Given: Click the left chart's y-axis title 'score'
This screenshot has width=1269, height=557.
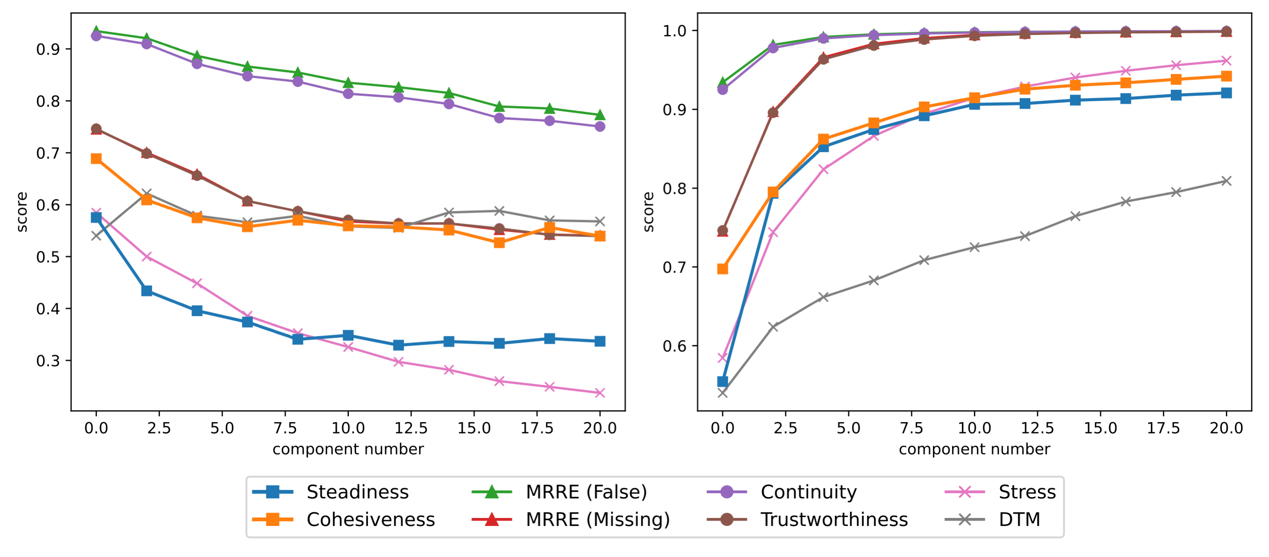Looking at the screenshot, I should (x=22, y=212).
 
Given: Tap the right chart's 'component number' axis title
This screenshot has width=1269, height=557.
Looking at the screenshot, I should (x=974, y=449).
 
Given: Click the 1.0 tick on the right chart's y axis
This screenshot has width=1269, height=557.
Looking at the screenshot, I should (x=674, y=31).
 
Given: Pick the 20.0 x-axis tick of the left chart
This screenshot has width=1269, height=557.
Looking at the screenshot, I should (x=600, y=428).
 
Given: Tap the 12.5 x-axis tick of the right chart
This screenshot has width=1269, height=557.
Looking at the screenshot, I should (x=1037, y=428).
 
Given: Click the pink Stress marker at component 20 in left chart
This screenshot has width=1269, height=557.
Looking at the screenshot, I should (x=600, y=393).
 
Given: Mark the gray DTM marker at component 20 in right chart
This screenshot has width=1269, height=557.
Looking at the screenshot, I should (x=1226, y=181).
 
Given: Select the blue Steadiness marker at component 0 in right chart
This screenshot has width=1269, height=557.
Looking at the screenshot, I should (x=722, y=381).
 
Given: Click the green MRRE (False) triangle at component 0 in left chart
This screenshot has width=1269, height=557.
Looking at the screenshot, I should (x=96, y=31).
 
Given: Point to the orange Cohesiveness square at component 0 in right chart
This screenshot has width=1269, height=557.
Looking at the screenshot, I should (x=722, y=269).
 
